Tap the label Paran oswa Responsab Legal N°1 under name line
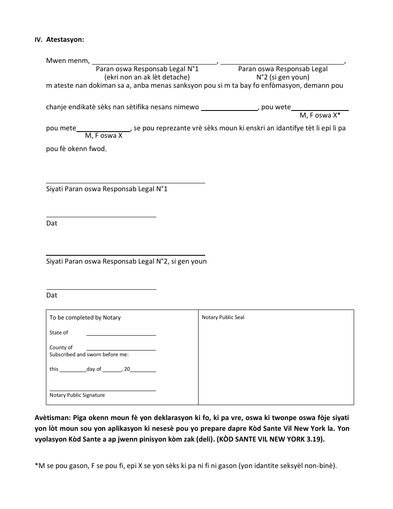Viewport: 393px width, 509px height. (x=147, y=69)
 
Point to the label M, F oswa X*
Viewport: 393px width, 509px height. (x=320, y=115)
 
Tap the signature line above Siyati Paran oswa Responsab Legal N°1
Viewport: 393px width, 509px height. (x=125, y=182)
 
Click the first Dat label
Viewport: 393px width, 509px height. (x=52, y=223)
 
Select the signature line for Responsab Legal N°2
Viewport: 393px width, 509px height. (x=125, y=254)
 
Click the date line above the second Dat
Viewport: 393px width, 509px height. (x=101, y=289)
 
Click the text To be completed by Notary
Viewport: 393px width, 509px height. (x=85, y=317)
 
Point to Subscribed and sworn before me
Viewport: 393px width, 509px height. (x=89, y=355)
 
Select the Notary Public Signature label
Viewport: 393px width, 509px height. (x=77, y=395)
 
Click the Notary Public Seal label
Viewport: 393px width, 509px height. (x=223, y=317)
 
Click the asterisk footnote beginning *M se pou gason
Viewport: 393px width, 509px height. (x=186, y=466)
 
